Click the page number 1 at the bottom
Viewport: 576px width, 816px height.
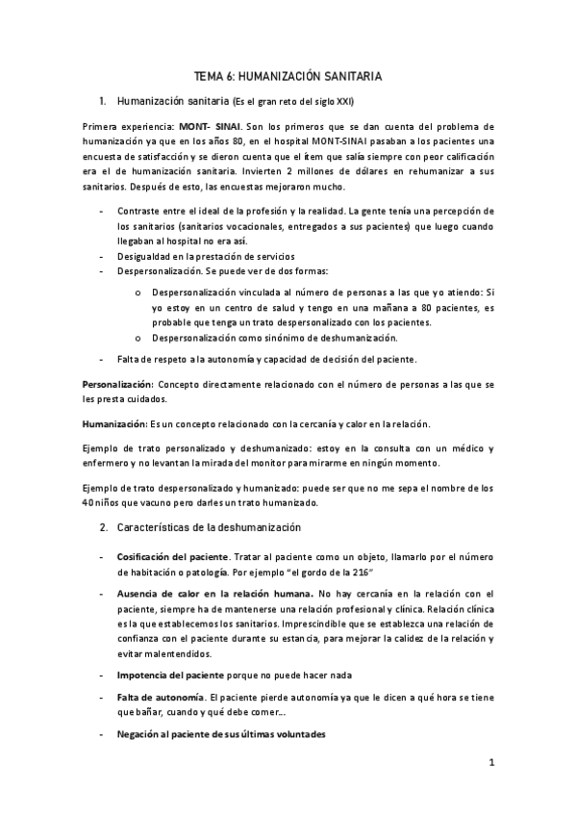coord(490,765)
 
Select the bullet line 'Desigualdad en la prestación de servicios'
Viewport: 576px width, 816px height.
coord(206,256)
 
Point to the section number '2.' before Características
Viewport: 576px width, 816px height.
coord(104,527)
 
